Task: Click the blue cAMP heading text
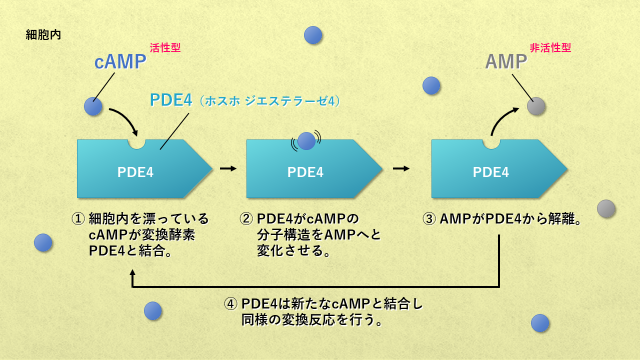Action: tap(120, 62)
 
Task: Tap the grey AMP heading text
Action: tap(506, 62)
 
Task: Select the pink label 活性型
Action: tap(165, 48)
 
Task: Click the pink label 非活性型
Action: tap(550, 48)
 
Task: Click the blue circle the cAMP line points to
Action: tap(93, 106)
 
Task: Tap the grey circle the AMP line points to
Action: tap(536, 106)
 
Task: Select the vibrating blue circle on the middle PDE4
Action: tap(306, 141)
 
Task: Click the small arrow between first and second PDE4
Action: tap(228, 168)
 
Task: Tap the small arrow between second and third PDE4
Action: tap(401, 168)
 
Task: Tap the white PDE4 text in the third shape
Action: tap(491, 172)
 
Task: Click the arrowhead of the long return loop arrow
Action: tap(132, 273)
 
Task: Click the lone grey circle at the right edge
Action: tap(606, 208)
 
